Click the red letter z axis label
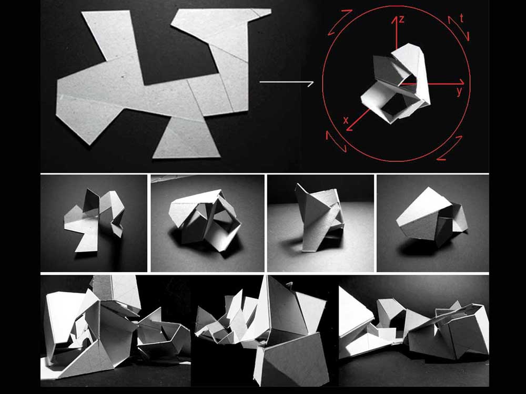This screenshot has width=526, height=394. (401, 19)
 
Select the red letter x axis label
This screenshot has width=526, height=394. (346, 120)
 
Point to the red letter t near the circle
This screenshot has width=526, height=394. (462, 18)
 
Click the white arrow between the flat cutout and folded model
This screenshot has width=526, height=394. (287, 82)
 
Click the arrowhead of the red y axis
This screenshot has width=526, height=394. (462, 82)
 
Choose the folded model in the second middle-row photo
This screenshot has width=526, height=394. (205, 220)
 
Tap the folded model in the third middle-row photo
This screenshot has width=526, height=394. (320, 218)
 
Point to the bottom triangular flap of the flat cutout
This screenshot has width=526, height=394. (186, 137)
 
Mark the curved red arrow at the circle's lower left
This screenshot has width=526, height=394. (336, 141)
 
